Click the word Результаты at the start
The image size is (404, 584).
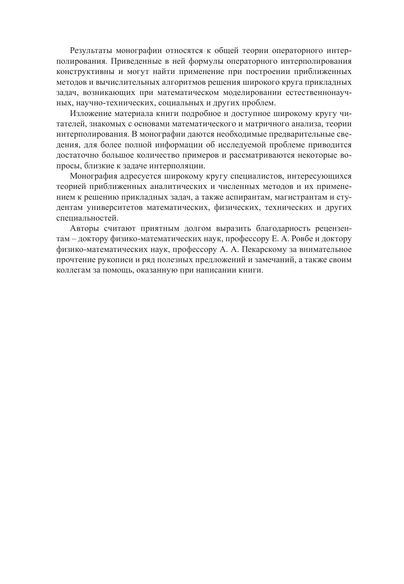click(90, 51)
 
